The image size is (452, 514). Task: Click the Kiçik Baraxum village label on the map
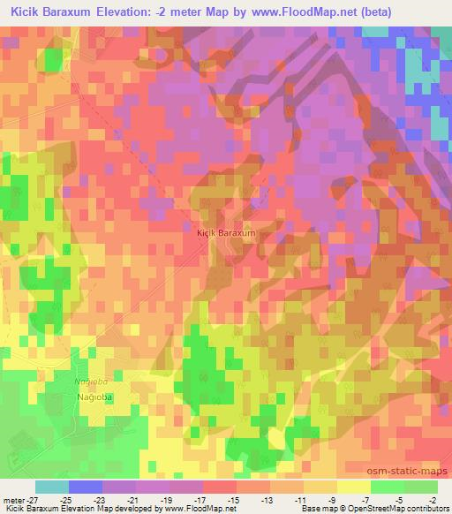[x=225, y=232]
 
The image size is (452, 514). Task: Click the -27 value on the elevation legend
[x=34, y=499]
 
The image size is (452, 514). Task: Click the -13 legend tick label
[x=268, y=499]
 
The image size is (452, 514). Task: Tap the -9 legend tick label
[x=336, y=499]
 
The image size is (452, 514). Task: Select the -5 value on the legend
[x=403, y=499]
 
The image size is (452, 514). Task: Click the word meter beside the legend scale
[x=13, y=499]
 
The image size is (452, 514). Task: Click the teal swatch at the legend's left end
[x=51, y=487]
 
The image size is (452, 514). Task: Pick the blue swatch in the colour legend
[x=85, y=487]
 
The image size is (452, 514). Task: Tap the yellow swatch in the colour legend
[x=353, y=487]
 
